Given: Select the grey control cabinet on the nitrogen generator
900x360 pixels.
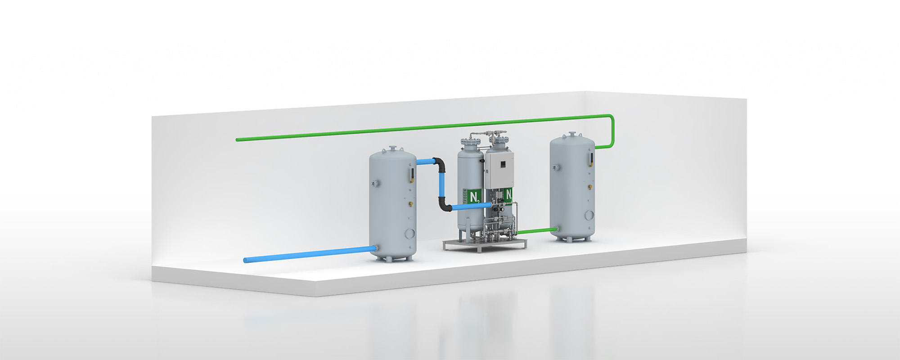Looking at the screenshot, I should click(499, 170).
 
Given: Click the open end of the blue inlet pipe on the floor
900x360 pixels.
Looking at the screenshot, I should click(246, 260).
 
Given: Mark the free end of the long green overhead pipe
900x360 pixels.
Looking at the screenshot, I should click(238, 139).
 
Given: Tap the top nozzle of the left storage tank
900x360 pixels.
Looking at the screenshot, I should click(392, 148).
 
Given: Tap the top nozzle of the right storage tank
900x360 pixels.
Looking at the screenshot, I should click(572, 134).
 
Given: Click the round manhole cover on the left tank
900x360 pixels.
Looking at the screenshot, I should click(409, 234).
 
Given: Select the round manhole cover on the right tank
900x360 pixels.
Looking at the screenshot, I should click(589, 216).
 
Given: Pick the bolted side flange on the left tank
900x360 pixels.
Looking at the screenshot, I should click(373, 184).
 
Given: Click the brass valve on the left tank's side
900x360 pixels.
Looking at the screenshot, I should click(411, 204).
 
